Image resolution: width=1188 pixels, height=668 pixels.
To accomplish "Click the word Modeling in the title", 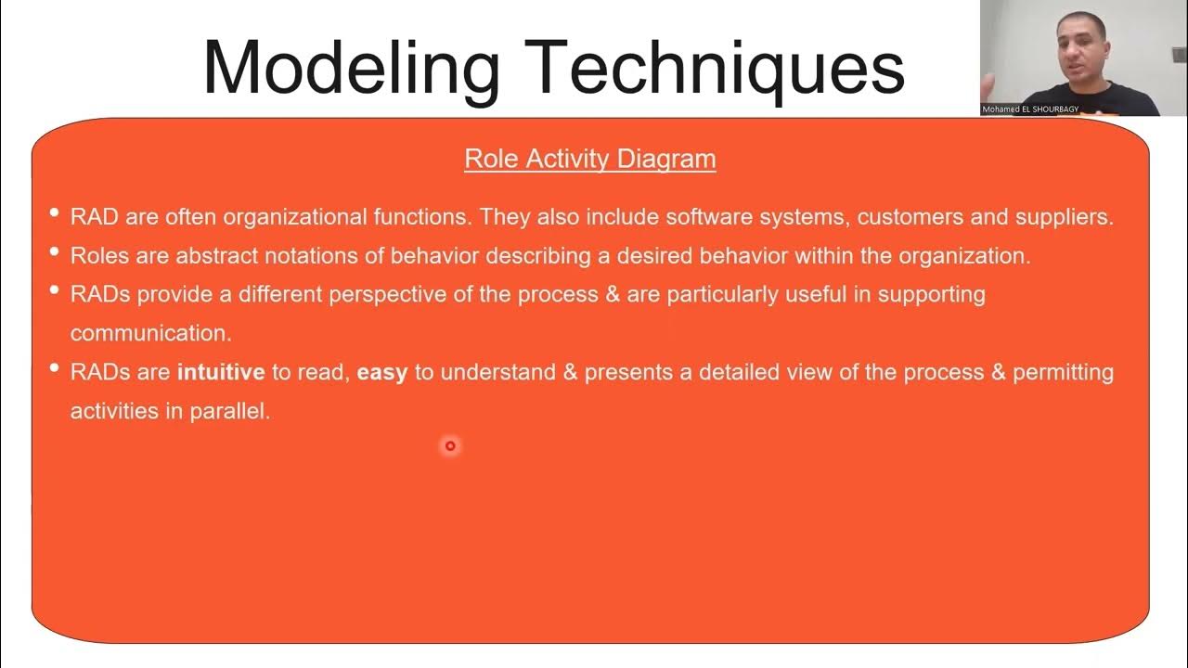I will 352,67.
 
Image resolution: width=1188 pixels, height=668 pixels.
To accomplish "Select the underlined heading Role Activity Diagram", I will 589,159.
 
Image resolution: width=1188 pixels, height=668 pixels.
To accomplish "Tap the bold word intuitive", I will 221,373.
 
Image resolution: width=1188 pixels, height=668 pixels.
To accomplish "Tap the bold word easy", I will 381,373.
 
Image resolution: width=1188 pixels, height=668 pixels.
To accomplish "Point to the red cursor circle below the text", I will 450,446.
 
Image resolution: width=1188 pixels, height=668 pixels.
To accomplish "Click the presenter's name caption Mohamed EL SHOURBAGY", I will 1030,109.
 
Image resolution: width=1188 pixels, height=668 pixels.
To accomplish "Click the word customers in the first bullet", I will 910,217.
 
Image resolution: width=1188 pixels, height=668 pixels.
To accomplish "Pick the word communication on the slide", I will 150,333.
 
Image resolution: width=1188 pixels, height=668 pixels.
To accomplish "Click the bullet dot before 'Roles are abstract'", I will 54,252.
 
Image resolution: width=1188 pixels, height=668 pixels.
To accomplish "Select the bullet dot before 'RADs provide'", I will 54,291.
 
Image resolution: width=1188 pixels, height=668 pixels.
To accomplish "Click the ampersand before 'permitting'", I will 998,373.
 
